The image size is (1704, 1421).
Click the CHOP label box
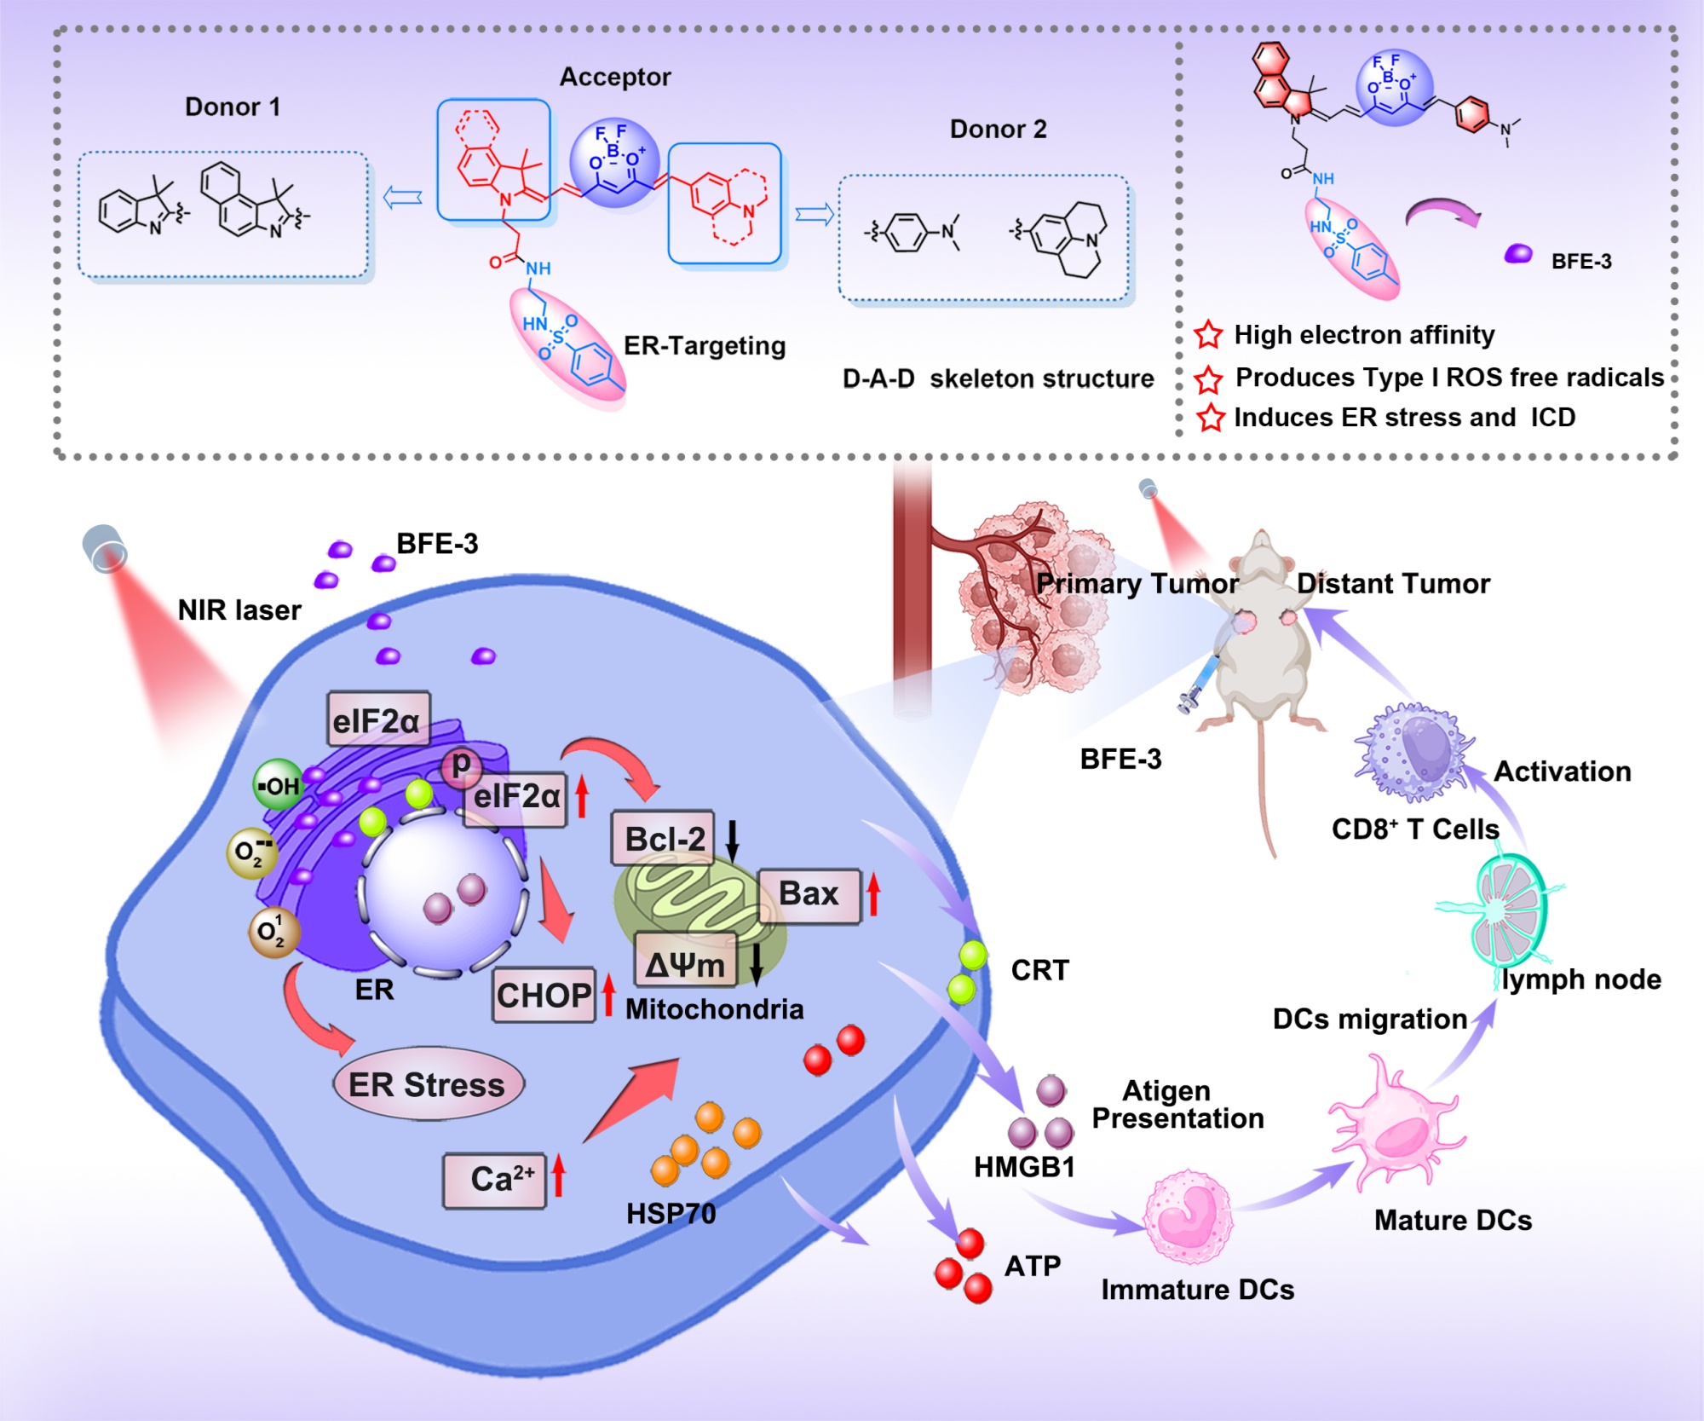(x=544, y=995)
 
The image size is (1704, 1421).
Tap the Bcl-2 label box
(x=664, y=839)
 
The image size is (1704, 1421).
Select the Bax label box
(x=809, y=894)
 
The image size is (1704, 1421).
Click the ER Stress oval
(x=428, y=1084)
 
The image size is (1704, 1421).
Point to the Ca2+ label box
(x=495, y=1180)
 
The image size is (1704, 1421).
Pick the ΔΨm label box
(x=685, y=964)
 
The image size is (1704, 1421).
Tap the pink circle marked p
(x=461, y=764)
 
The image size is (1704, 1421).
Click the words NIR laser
(x=239, y=610)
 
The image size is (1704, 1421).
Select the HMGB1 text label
(x=1024, y=1167)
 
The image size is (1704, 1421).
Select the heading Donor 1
(x=233, y=107)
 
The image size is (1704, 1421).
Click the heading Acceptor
(x=615, y=78)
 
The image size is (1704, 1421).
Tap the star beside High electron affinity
(x=1208, y=335)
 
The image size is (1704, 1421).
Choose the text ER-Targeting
(x=705, y=346)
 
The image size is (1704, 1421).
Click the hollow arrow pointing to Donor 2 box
(x=814, y=215)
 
